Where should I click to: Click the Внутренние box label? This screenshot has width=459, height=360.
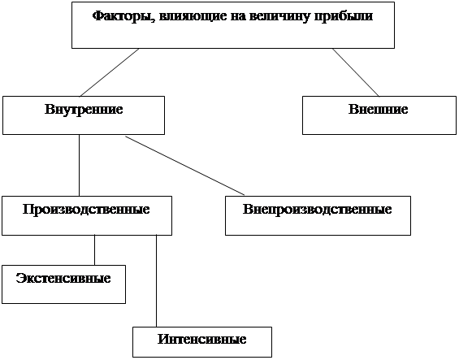point(84,109)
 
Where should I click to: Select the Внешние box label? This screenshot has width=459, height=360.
point(379,109)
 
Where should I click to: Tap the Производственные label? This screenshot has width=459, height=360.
point(86,210)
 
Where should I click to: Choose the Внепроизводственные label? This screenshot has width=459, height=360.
point(318,210)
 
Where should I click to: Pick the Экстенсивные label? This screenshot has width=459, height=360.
point(63,278)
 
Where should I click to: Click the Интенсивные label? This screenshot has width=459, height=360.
point(202,339)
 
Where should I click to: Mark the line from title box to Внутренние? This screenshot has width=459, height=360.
point(109,72)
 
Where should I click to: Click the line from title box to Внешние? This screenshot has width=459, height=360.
point(356,72)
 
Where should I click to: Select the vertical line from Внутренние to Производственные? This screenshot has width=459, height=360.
point(79,166)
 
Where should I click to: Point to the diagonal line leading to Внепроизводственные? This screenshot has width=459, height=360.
point(185,166)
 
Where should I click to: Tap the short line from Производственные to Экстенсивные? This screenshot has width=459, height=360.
point(94,250)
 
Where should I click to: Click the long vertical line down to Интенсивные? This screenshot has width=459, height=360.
point(156,281)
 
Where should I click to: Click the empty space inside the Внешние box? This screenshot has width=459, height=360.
point(379,124)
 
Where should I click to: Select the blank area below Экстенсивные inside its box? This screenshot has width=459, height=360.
point(63,293)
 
